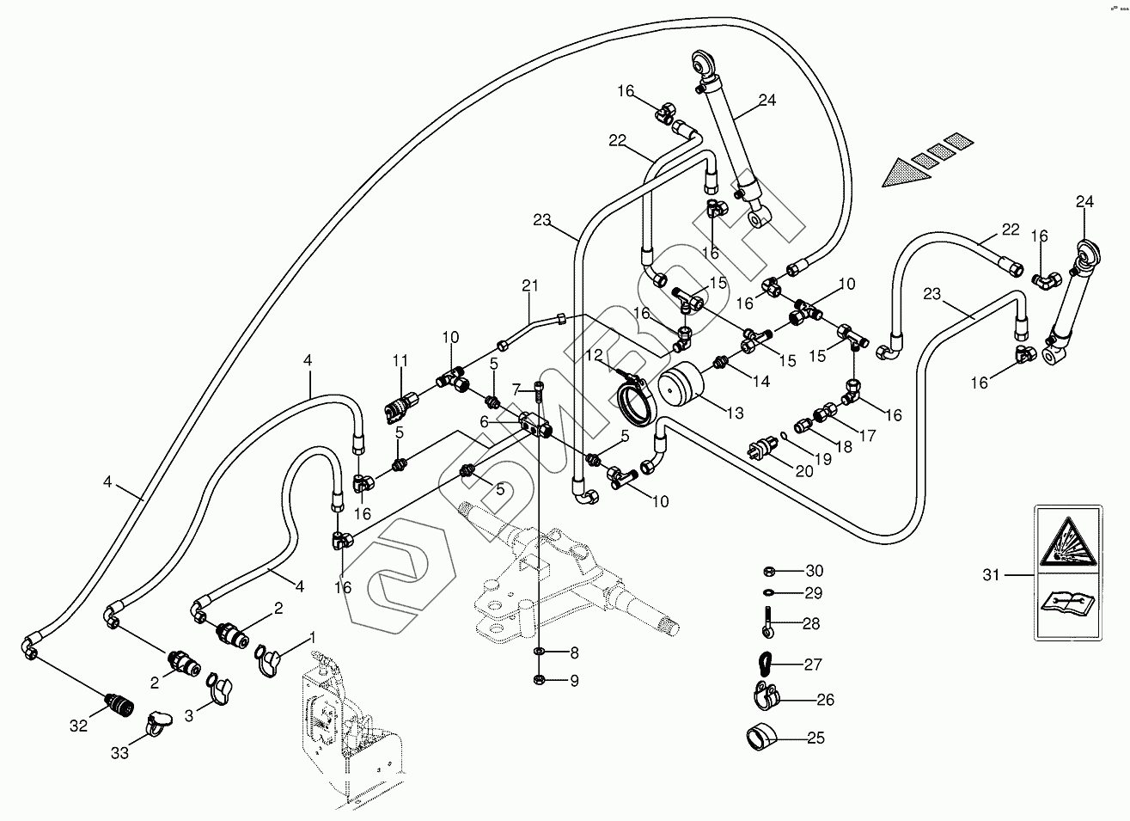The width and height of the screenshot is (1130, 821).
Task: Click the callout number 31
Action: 992,574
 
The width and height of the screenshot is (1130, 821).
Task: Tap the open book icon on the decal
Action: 1066,603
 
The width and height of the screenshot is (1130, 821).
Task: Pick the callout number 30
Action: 813,571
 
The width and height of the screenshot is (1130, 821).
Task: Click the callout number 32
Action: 78,726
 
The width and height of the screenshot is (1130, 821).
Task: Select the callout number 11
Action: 400,359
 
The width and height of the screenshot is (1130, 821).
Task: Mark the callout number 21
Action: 529,285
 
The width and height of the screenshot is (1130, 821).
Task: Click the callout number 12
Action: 595,355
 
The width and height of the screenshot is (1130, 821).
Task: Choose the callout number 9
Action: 574,681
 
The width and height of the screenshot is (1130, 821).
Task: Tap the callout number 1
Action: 312,637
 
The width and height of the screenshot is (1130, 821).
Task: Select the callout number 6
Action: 485,421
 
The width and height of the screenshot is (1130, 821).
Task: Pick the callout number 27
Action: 813,664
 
